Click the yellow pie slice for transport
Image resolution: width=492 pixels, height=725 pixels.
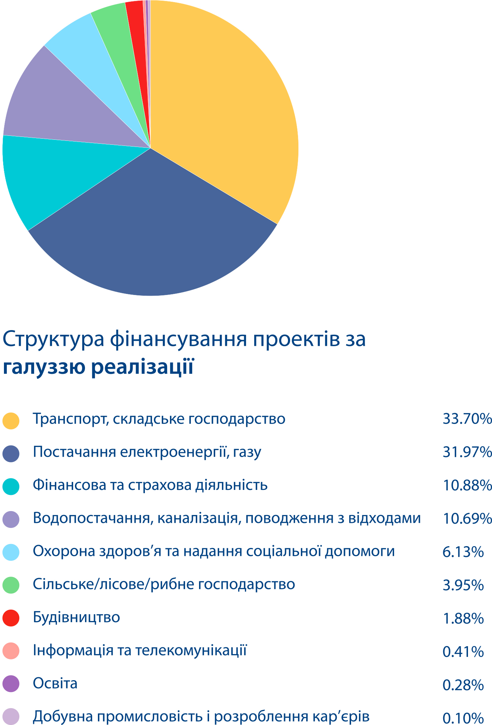point(222,108)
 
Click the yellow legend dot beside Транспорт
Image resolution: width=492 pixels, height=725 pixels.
point(11,420)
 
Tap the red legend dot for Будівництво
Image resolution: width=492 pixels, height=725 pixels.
point(11,618)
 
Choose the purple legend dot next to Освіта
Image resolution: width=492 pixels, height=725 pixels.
point(11,684)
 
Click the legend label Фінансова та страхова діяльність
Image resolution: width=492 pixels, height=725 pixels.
point(150,485)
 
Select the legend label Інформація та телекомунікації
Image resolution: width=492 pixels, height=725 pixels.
point(140,650)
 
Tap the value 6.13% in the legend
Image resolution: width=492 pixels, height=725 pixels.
point(463,552)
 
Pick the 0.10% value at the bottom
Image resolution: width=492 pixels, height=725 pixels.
point(463,718)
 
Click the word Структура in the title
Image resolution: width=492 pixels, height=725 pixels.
point(54,340)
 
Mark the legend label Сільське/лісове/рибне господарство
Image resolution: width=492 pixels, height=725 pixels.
point(164,585)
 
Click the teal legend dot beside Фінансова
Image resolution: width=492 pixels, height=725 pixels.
point(11,486)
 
